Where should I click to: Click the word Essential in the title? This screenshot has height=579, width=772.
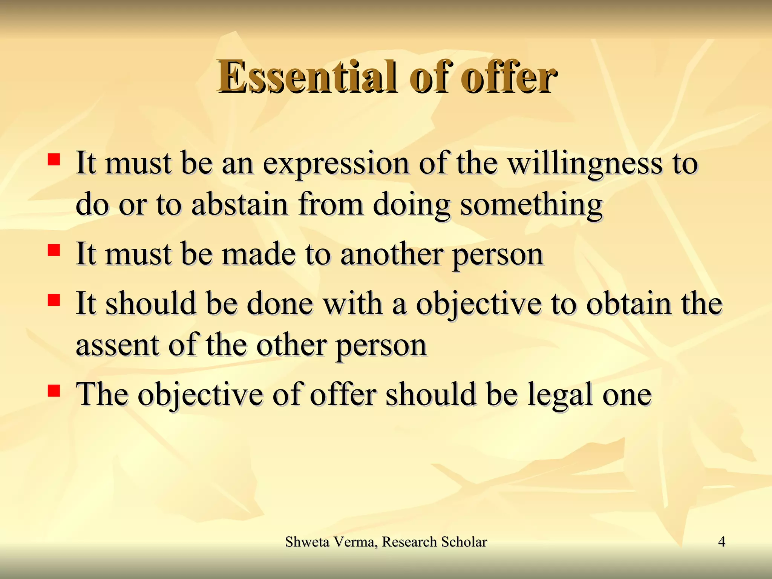click(306, 77)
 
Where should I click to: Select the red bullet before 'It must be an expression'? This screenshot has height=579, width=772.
click(54, 159)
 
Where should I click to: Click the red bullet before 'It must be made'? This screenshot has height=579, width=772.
click(54, 250)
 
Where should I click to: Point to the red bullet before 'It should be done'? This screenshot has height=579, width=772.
click(54, 300)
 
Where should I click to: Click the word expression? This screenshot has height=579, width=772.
click(336, 165)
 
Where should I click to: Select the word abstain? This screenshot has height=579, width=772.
click(240, 205)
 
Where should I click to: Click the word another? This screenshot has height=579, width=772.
click(391, 254)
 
